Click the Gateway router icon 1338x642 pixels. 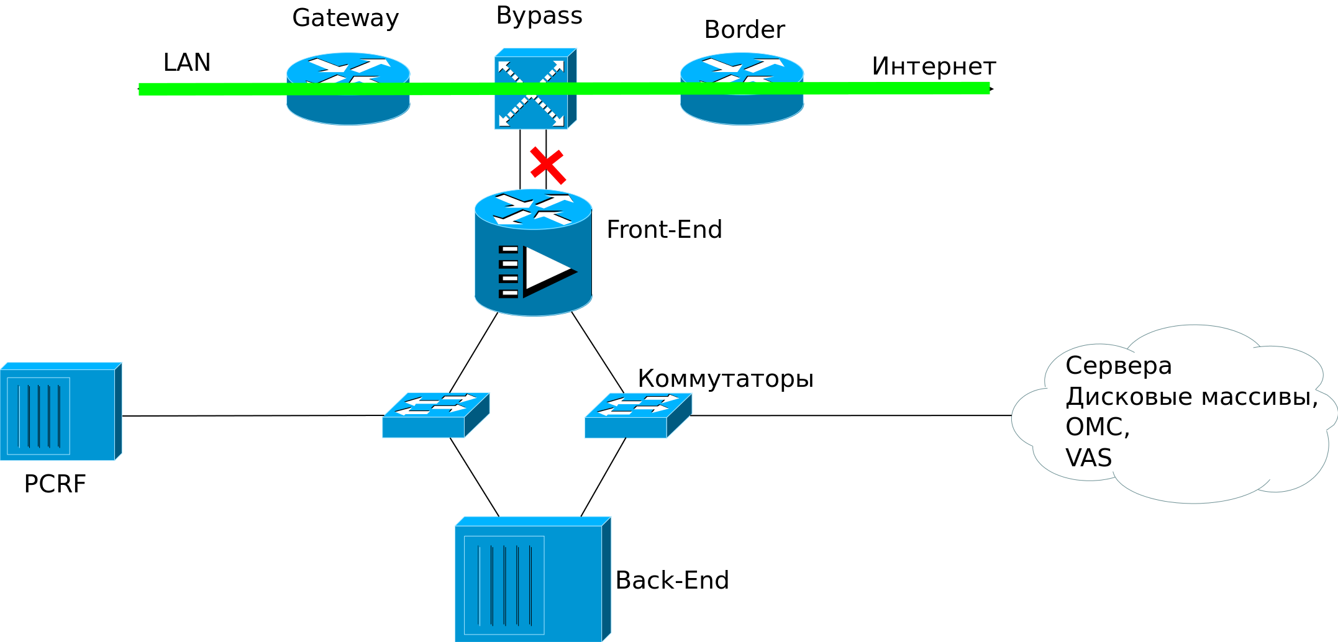pos(348,89)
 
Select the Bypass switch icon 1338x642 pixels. pos(535,89)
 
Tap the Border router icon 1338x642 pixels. pos(742,89)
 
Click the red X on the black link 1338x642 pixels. pos(547,166)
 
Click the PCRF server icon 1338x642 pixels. pos(61,412)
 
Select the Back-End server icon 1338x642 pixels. pos(532,579)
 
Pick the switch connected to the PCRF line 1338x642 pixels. pos(435,415)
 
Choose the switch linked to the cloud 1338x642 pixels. pos(638,415)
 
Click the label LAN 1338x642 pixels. pos(186,63)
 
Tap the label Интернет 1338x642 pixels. pos(934,66)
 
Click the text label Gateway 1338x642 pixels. pos(345,18)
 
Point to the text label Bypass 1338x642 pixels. pos(539,16)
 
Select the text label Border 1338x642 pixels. pos(745,30)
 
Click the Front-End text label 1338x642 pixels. pos(664,230)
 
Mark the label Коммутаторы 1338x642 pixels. pos(726,378)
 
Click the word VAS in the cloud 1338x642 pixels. pos(1088,458)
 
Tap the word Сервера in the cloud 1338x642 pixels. pos(1119,365)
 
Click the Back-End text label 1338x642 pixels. pos(672,581)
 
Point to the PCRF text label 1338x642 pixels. pos(55,484)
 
